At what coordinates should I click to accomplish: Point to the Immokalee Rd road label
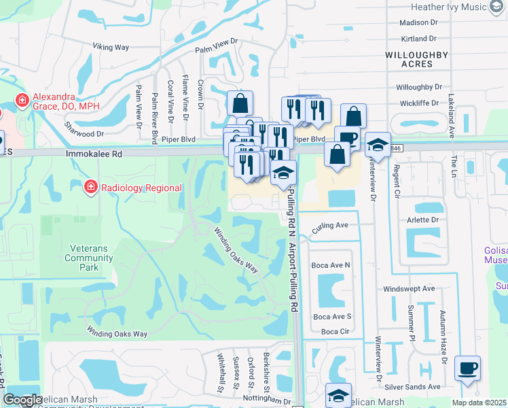tap(94, 154)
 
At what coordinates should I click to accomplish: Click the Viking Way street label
tap(111, 47)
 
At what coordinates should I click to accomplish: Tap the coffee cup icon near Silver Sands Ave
tap(467, 369)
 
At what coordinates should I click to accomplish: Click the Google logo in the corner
tap(22, 400)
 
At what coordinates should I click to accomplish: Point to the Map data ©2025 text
tap(479, 403)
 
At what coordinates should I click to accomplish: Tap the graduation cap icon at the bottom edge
tap(338, 395)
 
